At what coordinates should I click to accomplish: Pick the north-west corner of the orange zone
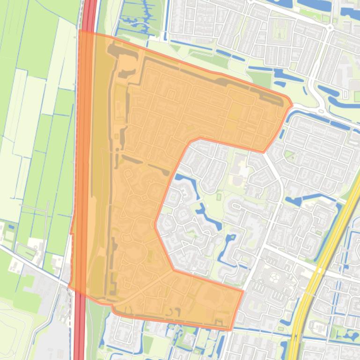point(80,31)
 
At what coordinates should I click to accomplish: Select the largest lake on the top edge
point(319,4)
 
